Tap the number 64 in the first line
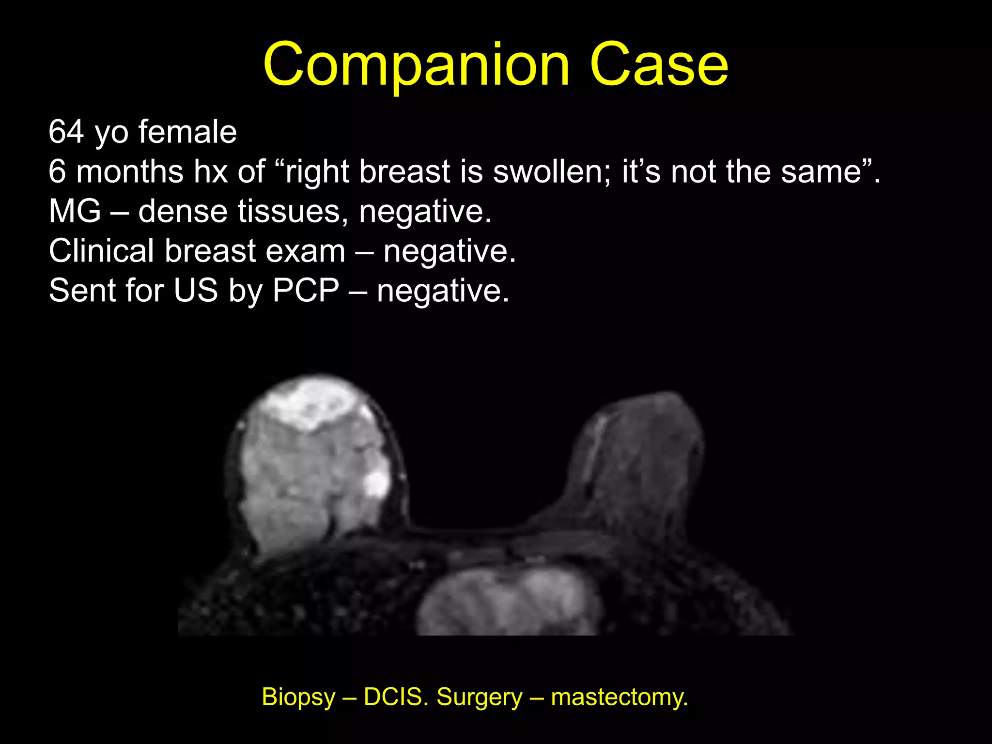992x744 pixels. click(x=66, y=132)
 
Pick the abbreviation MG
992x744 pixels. click(x=75, y=211)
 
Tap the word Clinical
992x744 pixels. click(x=101, y=251)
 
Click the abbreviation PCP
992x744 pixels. click(x=306, y=291)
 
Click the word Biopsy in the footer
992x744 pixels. click(x=298, y=697)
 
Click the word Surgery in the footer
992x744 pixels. click(x=480, y=697)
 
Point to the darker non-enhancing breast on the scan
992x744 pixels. click(x=635, y=465)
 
